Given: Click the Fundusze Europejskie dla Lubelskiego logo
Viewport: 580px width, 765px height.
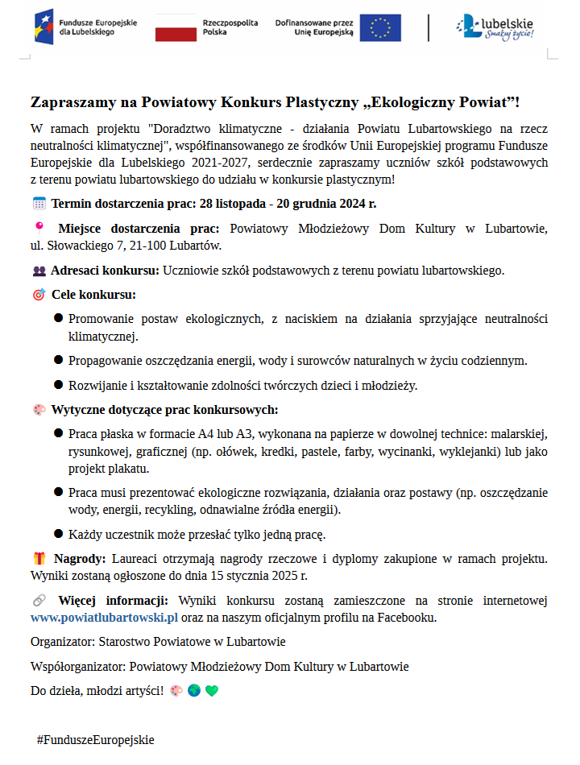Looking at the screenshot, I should [x=81, y=27].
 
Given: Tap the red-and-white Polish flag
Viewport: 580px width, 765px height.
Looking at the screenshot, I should [x=176, y=27].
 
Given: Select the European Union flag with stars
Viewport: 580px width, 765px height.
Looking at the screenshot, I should [x=380, y=27].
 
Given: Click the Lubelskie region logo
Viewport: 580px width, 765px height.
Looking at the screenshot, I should [x=494, y=27].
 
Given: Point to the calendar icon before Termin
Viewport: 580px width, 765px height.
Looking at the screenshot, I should [x=39, y=203].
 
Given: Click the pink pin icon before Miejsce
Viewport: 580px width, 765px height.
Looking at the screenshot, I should [x=38, y=227].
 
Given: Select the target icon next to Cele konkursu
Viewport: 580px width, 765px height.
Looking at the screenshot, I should [x=39, y=295].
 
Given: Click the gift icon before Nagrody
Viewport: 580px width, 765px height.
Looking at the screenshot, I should [x=39, y=558].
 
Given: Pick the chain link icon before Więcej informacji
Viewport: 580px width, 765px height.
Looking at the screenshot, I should [x=39, y=601].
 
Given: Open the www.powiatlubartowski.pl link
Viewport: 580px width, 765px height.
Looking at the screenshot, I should [x=104, y=618].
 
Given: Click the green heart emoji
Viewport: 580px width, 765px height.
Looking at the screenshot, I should [x=212, y=691].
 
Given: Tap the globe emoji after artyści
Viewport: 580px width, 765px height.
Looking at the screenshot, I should [x=194, y=691].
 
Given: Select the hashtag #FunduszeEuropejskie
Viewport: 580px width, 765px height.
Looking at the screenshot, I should [x=95, y=739].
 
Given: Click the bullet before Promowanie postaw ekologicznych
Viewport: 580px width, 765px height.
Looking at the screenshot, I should [x=59, y=318].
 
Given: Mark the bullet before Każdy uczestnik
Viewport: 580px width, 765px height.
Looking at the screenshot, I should [x=59, y=533].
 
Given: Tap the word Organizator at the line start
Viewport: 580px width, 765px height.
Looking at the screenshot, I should [x=61, y=642].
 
